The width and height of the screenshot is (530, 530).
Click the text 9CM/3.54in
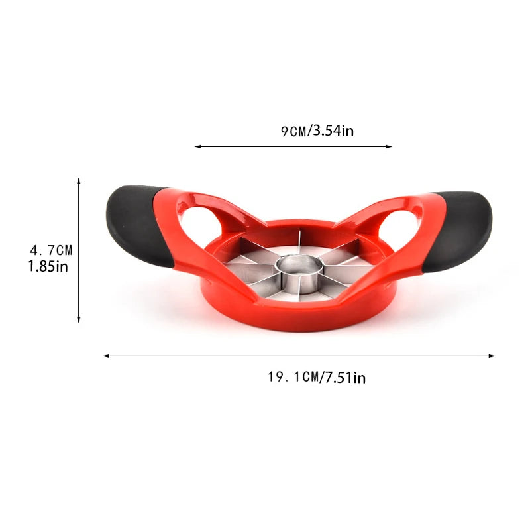pos(317,131)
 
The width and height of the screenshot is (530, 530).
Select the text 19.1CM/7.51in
pos(317,378)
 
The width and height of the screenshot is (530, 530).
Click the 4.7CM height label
pos(51,250)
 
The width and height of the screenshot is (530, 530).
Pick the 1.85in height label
pos(48,267)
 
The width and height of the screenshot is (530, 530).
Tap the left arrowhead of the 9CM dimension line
pos(197,147)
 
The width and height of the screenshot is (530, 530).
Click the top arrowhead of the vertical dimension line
pos(79,181)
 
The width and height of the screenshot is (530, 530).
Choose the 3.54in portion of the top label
pos(333,131)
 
